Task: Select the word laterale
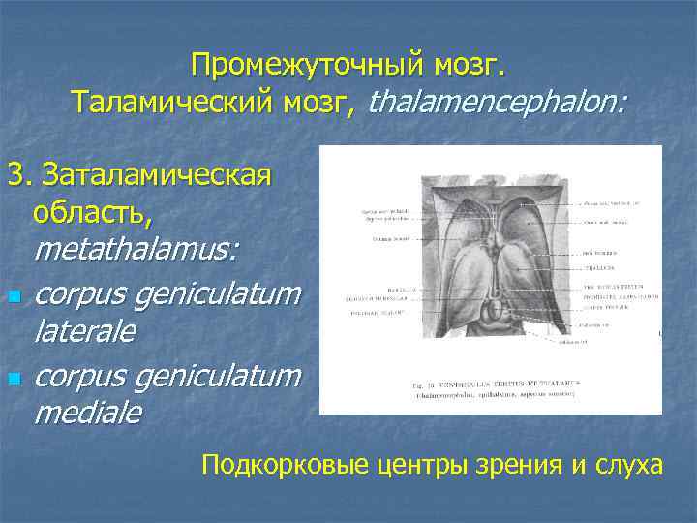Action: (x=85, y=332)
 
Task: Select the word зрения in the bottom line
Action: (x=519, y=466)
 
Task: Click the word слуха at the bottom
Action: (x=629, y=466)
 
